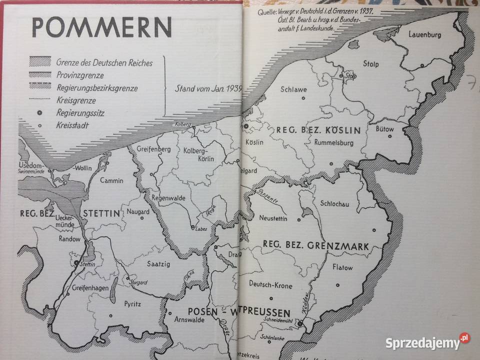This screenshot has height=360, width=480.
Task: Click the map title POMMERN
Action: pyautogui.click(x=102, y=27)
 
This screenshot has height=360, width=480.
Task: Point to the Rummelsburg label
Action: pyautogui.click(x=334, y=142)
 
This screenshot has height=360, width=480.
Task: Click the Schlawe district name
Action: pyautogui.click(x=293, y=89)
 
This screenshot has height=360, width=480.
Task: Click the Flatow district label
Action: pyautogui.click(x=342, y=267)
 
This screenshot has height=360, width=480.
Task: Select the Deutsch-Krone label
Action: pyautogui.click(x=270, y=285)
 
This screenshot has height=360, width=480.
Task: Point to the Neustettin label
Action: pyautogui.click(x=274, y=218)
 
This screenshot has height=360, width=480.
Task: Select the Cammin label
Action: pyautogui.click(x=111, y=180)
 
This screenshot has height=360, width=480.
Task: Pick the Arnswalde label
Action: pyautogui.click(x=189, y=320)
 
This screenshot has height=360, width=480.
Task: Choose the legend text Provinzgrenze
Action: pyautogui.click(x=80, y=75)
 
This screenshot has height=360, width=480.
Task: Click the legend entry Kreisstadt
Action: pyautogui.click(x=72, y=125)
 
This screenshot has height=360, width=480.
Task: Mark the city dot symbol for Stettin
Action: pyautogui.click(x=76, y=262)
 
